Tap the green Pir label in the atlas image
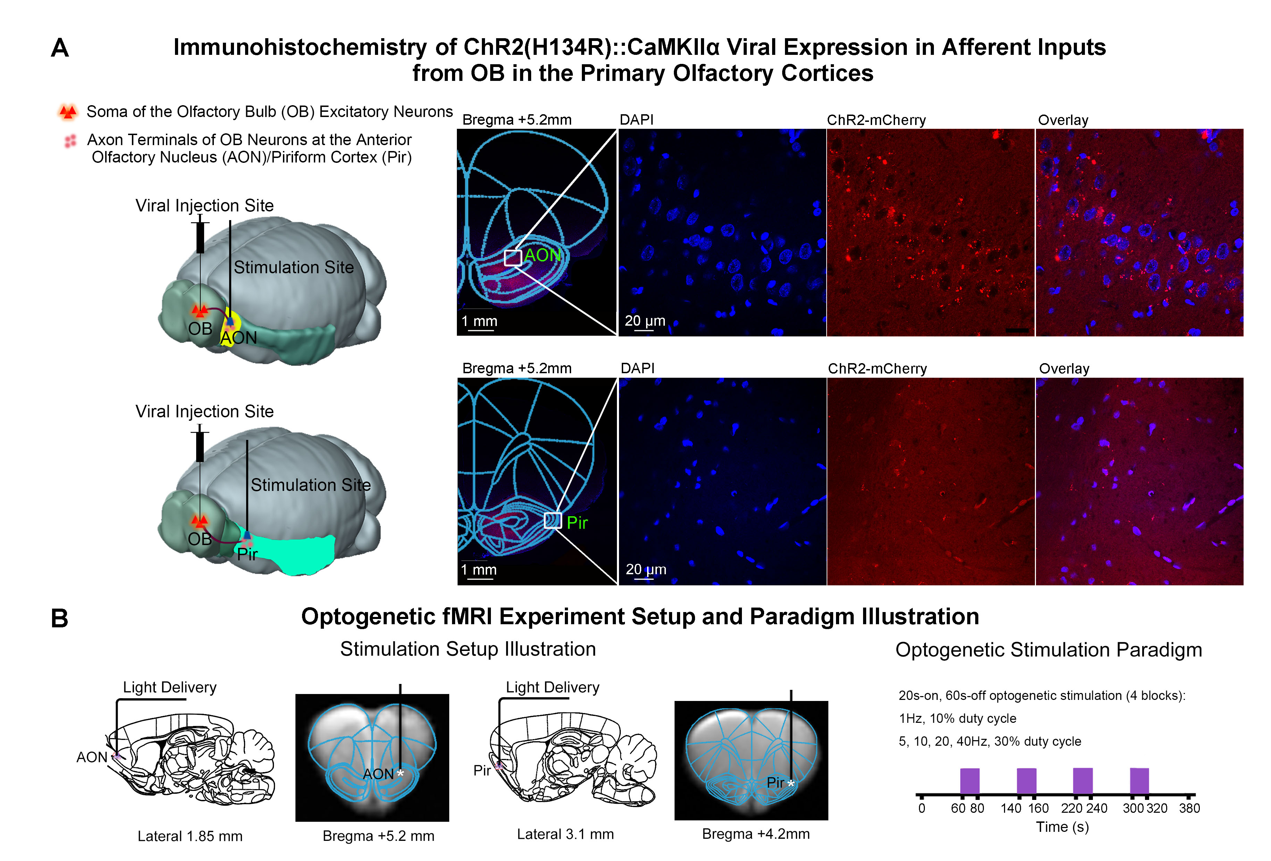coord(577,523)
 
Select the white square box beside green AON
coord(512,258)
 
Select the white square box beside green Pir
coord(552,520)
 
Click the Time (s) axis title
coord(1062,827)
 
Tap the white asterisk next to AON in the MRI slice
coord(400,773)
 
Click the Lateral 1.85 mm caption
coord(190,836)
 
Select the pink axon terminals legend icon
coord(70,141)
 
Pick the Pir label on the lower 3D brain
coord(247,554)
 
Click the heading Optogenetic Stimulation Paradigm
coord(1048,650)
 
